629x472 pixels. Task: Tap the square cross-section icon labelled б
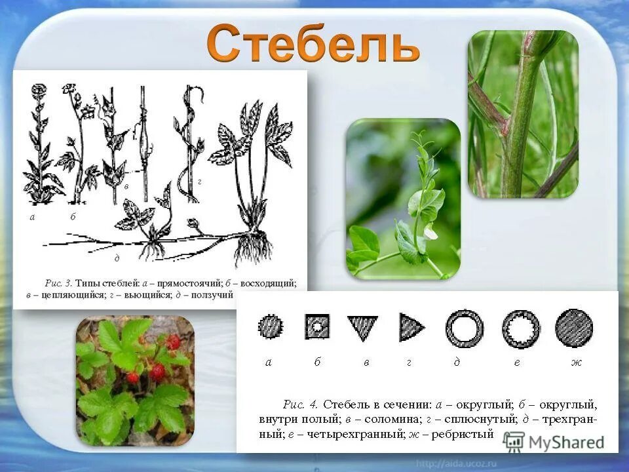(317, 325)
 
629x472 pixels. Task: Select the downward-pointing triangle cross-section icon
(362, 326)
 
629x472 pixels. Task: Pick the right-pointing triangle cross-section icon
(411, 326)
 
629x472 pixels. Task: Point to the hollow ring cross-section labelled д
(464, 328)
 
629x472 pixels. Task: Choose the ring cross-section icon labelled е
(521, 328)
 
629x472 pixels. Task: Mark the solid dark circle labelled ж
(573, 327)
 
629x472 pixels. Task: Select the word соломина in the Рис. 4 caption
(380, 418)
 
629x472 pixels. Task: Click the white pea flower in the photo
(430, 232)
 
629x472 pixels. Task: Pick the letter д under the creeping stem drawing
(117, 258)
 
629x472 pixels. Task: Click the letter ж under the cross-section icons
(576, 363)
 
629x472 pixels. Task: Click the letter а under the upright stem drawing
(32, 217)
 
